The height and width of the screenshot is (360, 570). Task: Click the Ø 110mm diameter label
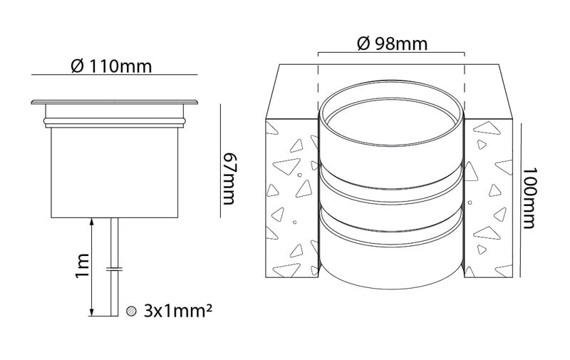coord(111,66)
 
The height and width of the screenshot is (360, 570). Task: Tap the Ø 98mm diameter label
coord(393,43)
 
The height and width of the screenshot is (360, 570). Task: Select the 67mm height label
coord(229,178)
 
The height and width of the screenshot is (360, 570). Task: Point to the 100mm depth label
coord(529,197)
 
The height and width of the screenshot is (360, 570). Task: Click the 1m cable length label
coord(82,265)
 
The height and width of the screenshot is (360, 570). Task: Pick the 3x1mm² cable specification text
coord(177,311)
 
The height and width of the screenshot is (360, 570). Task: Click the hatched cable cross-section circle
coord(131,311)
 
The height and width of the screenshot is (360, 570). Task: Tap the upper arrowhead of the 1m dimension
coord(91,222)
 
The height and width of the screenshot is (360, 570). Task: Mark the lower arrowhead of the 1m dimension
coord(91,312)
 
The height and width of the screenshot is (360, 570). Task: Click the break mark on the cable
coord(114,269)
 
